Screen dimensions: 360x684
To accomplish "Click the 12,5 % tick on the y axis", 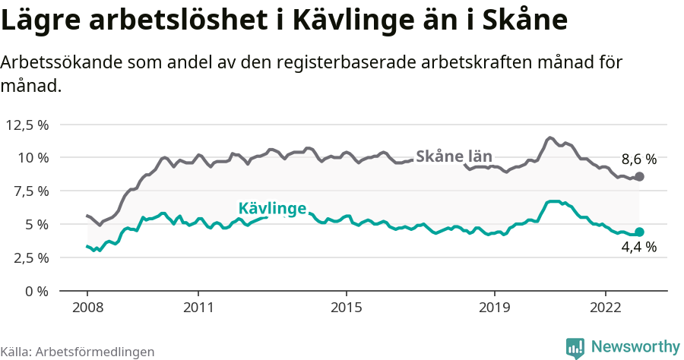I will [x=27, y=125].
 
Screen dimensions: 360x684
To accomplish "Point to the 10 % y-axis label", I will [x=32, y=158].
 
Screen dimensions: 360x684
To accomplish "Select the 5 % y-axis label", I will [x=36, y=224].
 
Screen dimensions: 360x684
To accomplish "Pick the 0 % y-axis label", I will [x=36, y=291].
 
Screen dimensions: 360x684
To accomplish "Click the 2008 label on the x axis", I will [x=87, y=308].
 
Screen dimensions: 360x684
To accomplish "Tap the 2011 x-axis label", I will [x=198, y=308].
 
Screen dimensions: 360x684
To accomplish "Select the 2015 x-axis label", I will [x=347, y=308].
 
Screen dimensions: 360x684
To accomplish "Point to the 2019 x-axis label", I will [x=495, y=308].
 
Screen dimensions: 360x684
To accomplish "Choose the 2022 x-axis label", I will [x=606, y=308].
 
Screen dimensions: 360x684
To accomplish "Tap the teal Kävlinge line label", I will [x=272, y=208].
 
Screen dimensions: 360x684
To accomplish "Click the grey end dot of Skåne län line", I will [x=639, y=176].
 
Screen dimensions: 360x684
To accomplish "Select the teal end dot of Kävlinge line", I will [x=639, y=232].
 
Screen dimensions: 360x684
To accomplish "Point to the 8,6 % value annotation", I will [x=638, y=159].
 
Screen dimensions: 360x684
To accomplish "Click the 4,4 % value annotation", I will [x=638, y=247].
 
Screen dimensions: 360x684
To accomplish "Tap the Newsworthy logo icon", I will [x=575, y=347].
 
